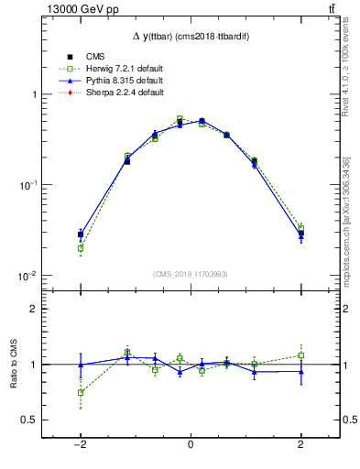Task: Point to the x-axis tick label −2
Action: pos(81,445)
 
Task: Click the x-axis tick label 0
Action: pos(191,445)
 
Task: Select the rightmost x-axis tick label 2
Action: pos(300,445)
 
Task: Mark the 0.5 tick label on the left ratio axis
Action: pos(27,420)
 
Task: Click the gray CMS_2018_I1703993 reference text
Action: pos(191,273)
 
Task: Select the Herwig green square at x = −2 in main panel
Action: pos(81,248)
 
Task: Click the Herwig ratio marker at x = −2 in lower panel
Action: pos(81,392)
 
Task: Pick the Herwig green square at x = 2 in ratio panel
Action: pos(300,355)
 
